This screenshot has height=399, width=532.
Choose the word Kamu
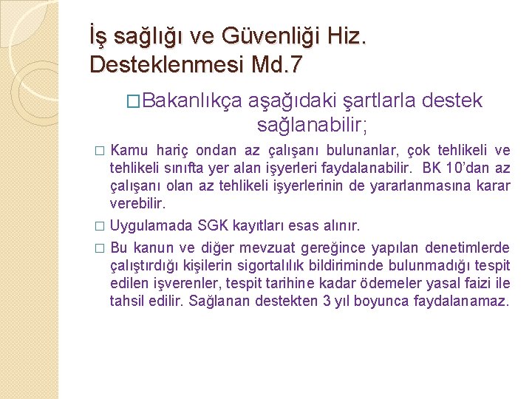pos(129,151)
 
